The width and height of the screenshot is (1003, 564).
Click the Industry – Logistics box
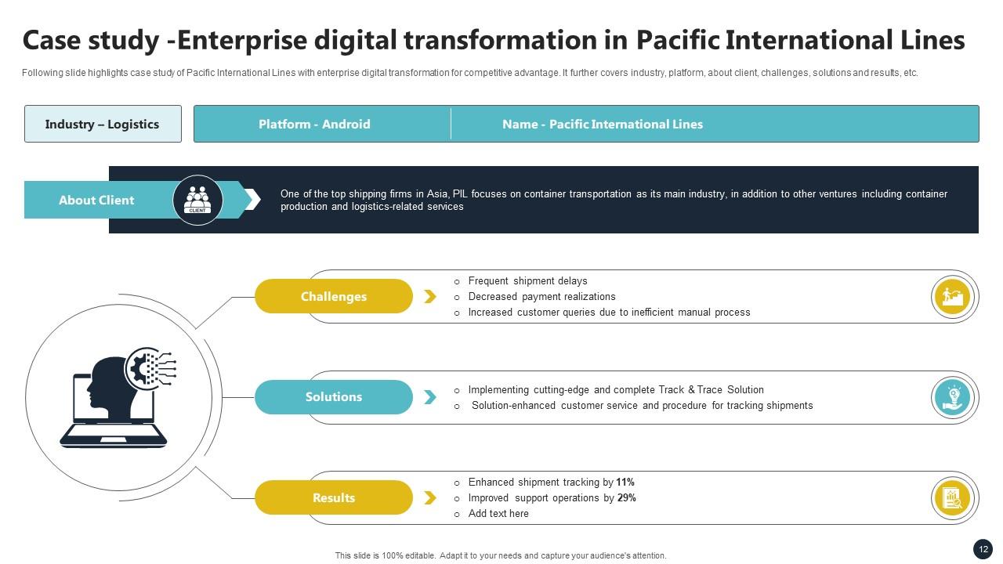coord(103,124)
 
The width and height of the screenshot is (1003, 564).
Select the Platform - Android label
coord(314,124)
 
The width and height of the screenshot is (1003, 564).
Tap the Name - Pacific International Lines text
coord(603,124)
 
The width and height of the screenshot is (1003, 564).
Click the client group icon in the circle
coord(197,200)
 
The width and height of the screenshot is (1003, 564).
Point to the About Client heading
coord(96,200)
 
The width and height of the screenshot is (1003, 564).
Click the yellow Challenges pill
coord(334,296)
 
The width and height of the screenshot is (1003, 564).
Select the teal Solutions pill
coord(334,397)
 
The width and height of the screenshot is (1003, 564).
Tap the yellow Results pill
coord(334,497)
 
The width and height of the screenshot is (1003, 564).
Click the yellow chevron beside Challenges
coord(430,296)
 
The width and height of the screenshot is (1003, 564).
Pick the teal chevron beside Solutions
coord(430,397)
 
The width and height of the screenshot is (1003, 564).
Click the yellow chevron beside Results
coord(430,497)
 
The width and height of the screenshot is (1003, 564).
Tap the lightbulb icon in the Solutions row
coord(952,397)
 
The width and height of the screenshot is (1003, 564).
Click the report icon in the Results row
coord(952,498)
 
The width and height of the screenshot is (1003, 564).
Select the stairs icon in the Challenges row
coord(952,297)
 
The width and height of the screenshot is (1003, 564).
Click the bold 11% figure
coord(625,482)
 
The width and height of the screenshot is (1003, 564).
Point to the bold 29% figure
coord(626,497)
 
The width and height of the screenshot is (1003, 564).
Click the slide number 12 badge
coord(983,549)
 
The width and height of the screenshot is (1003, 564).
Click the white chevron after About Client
coord(253,200)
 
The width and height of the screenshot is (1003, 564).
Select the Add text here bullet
coord(498,513)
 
